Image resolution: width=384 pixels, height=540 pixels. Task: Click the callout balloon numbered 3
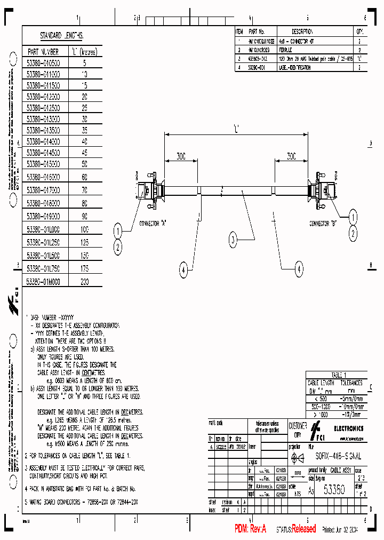pos(233,240)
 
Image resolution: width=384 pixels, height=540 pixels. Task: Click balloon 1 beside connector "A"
pos(118,231)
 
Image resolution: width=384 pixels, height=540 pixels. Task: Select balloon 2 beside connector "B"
pos(353,233)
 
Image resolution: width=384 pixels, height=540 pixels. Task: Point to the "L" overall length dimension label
pos(235,128)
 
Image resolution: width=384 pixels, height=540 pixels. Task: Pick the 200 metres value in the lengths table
pos(84,281)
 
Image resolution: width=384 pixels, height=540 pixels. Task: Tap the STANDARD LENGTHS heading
pos(61,36)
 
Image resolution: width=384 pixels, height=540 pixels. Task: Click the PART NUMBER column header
pos(43,52)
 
